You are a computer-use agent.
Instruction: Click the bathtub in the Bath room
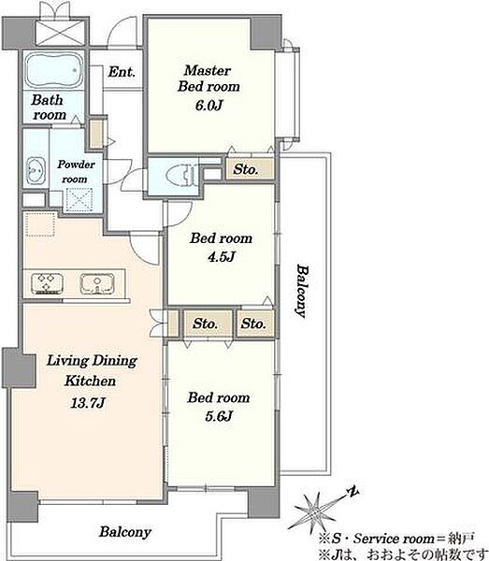coord(54,70)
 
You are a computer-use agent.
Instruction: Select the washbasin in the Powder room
coord(36,171)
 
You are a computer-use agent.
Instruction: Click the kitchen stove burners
coord(47,283)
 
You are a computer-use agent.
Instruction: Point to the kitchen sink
coord(97,284)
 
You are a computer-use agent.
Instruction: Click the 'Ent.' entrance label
coord(122,72)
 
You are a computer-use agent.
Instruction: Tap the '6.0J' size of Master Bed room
coord(209,105)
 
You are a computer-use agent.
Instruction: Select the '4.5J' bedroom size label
coord(221,256)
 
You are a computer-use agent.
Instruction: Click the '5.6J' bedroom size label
coord(219,416)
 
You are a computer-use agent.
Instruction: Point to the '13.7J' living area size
coord(87,403)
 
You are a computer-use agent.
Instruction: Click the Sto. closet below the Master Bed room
coord(250,169)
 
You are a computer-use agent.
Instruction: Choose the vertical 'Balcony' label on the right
coord(301,291)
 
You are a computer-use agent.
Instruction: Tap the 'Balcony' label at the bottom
coord(125,532)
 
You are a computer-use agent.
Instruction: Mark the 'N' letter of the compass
coord(352,492)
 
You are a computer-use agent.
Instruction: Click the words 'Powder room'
coord(76,172)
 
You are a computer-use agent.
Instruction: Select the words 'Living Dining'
coord(92,361)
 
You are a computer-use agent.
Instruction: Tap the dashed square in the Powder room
coord(79,200)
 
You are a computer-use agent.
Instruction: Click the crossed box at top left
coord(61,32)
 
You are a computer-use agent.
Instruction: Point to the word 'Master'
coord(208,70)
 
